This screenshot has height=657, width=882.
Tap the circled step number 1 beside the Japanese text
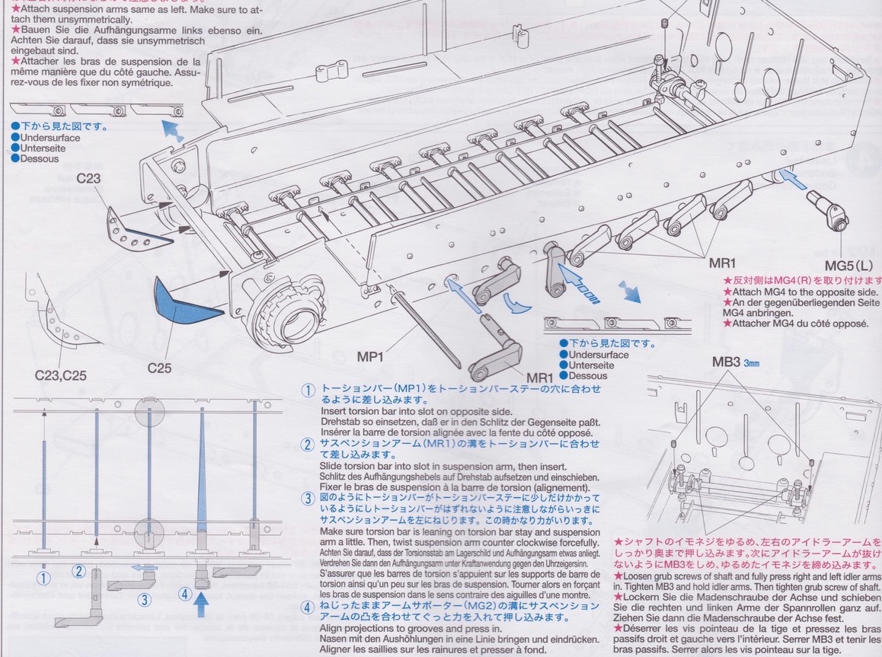308,390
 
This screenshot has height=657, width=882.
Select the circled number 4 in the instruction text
308,607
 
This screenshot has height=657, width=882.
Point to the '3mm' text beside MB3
752,363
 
